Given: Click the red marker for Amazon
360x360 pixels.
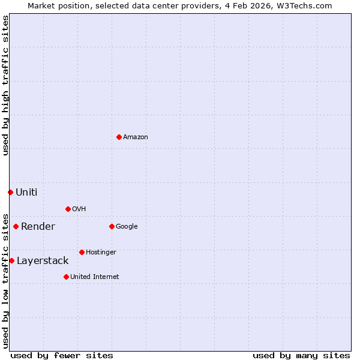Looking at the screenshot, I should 119,137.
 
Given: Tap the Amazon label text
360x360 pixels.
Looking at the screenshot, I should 136,137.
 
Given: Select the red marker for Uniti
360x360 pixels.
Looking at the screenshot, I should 10,192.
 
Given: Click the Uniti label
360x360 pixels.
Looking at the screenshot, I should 26,193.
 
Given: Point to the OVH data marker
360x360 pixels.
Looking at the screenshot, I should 68,209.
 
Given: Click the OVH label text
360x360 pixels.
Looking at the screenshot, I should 79,209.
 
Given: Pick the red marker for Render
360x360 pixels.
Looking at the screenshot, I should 16,226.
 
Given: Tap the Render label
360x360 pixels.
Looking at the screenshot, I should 38,227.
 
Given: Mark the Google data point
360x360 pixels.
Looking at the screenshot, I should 112,226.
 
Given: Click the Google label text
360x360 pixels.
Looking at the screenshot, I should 127,227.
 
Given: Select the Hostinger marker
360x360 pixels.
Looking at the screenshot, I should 82,252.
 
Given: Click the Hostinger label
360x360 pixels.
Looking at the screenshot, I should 101,253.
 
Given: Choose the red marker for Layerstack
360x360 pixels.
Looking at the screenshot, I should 11,260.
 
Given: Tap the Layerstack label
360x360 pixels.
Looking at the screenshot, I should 43,261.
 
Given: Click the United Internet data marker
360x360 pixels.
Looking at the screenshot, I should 66,277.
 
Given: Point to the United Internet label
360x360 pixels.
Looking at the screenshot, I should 95,277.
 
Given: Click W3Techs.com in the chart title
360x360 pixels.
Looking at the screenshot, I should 308,6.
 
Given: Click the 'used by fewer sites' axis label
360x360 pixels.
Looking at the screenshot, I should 62,356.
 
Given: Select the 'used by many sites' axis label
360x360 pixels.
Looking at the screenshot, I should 301,356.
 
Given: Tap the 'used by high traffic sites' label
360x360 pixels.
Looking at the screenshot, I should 6,85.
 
